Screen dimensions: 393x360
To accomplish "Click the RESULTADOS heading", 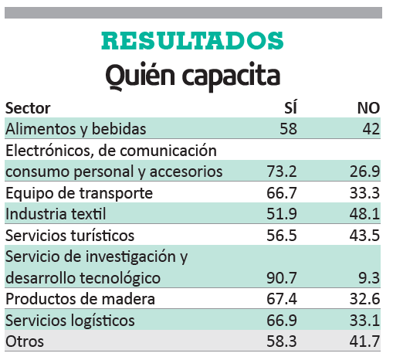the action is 192,41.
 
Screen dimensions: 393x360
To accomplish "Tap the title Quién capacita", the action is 192,76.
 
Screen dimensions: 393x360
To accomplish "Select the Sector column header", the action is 28,108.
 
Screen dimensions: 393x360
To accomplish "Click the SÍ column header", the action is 290,107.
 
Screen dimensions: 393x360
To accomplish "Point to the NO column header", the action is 368,108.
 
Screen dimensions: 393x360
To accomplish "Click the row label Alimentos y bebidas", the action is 76,129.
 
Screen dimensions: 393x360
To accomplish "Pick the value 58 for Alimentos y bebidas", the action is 289,129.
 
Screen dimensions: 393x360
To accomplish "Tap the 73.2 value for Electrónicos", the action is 282,172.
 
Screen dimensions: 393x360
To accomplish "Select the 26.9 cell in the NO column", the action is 364,172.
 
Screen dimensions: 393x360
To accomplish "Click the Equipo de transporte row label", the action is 79,194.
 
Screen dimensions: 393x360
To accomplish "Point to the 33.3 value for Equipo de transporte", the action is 364,193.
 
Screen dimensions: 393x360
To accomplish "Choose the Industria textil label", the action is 56,214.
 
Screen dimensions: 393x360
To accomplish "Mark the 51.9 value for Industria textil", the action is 282,214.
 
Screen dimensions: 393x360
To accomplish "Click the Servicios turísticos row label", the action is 69,236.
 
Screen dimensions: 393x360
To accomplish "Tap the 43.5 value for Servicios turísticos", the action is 364,236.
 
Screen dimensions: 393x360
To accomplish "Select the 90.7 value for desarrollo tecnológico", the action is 282,278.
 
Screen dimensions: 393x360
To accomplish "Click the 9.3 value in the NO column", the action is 369,278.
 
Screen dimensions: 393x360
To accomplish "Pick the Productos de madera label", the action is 80,299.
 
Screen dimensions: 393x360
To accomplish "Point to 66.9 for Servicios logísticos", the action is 282,321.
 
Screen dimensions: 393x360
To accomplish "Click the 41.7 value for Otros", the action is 364,341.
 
